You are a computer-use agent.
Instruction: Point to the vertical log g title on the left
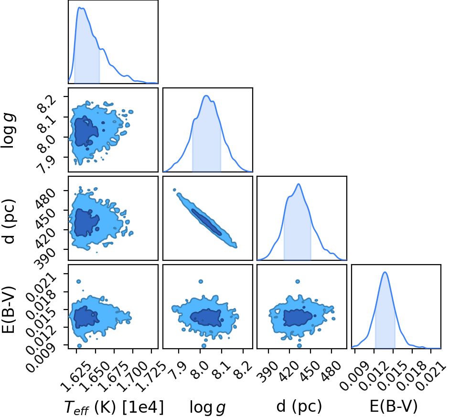point(8,130)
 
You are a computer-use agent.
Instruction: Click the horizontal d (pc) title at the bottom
point(299,406)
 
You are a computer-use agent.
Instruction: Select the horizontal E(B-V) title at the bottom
point(394,406)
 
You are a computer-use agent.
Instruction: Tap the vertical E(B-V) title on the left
point(9,310)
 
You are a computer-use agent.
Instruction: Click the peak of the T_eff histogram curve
point(80,8)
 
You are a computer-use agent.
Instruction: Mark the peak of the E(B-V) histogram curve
point(385,272)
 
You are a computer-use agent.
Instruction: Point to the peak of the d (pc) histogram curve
point(299,184)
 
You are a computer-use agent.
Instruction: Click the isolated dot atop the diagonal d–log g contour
point(174,190)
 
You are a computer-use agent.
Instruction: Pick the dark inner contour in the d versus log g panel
point(206,222)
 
